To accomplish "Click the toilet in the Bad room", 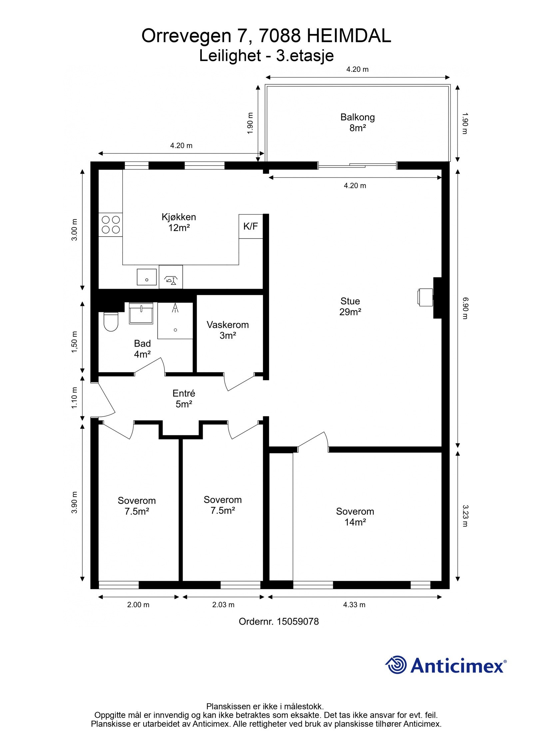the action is coord(111,322).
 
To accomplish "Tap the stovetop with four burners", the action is coord(111,225).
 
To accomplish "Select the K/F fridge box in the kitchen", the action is coord(251,226).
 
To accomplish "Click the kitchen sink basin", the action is coord(147,277).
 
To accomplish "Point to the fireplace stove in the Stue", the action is coord(425,297).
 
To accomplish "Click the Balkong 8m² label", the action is coord(357,122).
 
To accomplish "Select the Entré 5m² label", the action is coord(184,398).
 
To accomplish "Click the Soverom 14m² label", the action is coord(355,516).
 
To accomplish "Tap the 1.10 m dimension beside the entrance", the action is coord(74,398).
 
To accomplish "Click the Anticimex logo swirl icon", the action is coord(396,665).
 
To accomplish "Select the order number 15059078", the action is coord(298,621).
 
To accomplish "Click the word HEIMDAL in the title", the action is coord(349,36).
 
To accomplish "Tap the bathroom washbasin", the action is coord(141,313).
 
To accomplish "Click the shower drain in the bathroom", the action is coord(175,330).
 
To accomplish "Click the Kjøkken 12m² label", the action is coord(179,222).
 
